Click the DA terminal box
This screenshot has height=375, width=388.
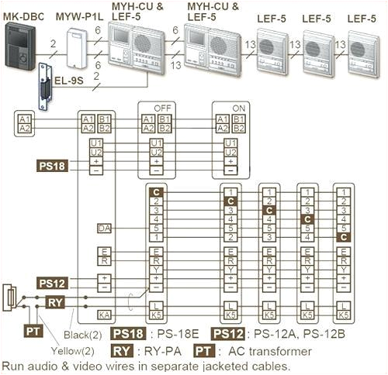coord(105,228)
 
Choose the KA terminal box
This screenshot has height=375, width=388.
coord(105,315)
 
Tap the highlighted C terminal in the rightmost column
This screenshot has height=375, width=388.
coord(343,238)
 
